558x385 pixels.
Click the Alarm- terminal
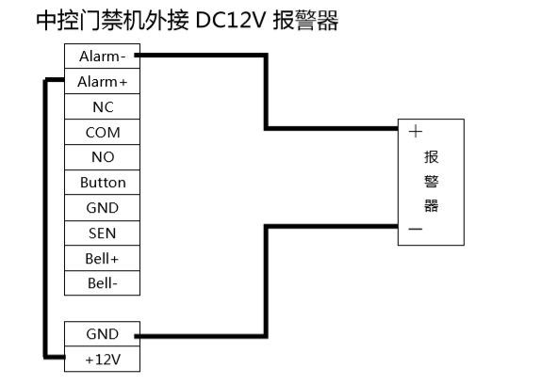coord(102,56)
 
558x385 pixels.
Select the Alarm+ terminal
coord(102,82)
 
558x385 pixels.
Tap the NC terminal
coord(102,107)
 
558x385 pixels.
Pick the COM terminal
coord(102,133)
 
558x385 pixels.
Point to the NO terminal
coord(102,157)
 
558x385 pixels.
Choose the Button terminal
coord(102,183)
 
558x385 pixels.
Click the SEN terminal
coord(102,233)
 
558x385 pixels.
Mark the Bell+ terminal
coord(102,258)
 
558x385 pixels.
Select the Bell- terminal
coord(102,282)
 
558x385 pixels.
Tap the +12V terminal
coord(102,359)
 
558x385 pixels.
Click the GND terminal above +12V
coord(102,333)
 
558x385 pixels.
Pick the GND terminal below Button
coord(102,207)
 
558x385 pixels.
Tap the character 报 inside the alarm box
coord(432,156)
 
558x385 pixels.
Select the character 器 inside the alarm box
coord(432,205)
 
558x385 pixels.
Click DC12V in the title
coord(230,20)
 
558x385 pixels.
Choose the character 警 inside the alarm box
coord(432,181)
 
